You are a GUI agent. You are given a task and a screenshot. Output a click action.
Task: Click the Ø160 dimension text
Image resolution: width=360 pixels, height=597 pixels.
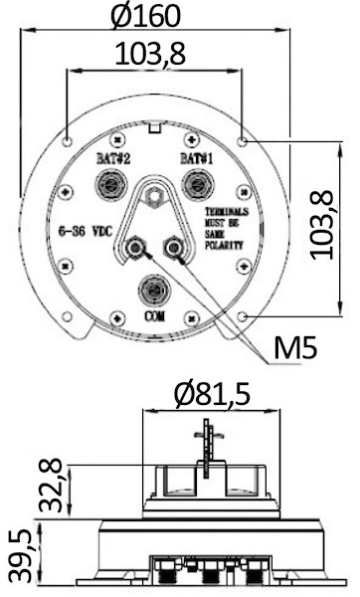pos(146,16)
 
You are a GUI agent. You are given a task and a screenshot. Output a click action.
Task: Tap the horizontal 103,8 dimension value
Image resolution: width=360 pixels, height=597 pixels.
pos(150,54)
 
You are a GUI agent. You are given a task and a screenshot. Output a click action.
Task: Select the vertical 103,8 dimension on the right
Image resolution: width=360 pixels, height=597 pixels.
pos(322,225)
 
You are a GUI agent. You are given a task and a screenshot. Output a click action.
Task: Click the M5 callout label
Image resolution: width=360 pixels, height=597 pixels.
pos(295,347)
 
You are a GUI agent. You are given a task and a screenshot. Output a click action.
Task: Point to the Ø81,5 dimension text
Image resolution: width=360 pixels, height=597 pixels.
pos(213,394)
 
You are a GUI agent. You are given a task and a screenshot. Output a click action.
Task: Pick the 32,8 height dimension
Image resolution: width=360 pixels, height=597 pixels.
pos(51,485)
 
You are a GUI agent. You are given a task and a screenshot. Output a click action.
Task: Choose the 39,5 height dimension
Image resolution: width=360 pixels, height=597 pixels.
pos(20,555)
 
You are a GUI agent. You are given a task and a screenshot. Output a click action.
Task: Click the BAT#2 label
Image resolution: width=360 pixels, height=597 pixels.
pos(113,158)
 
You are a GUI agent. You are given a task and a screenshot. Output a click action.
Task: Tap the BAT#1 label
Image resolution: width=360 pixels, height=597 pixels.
pos(196,158)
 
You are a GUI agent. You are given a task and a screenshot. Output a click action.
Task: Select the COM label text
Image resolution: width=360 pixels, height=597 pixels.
pos(155,315)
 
